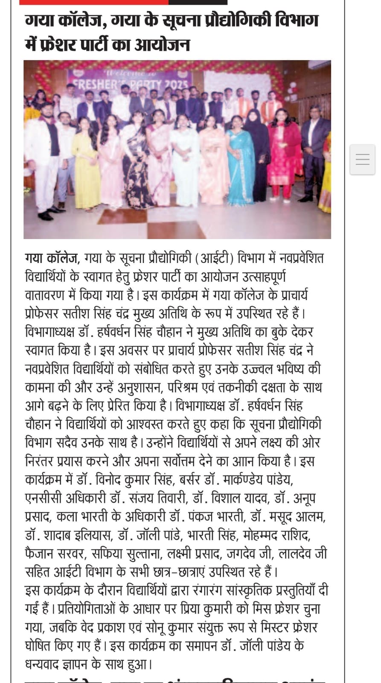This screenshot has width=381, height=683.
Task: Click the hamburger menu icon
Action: (x=362, y=160)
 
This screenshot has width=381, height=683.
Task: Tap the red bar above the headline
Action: (x=94, y=2)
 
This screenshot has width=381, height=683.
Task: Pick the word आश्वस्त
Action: (x=149, y=424)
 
